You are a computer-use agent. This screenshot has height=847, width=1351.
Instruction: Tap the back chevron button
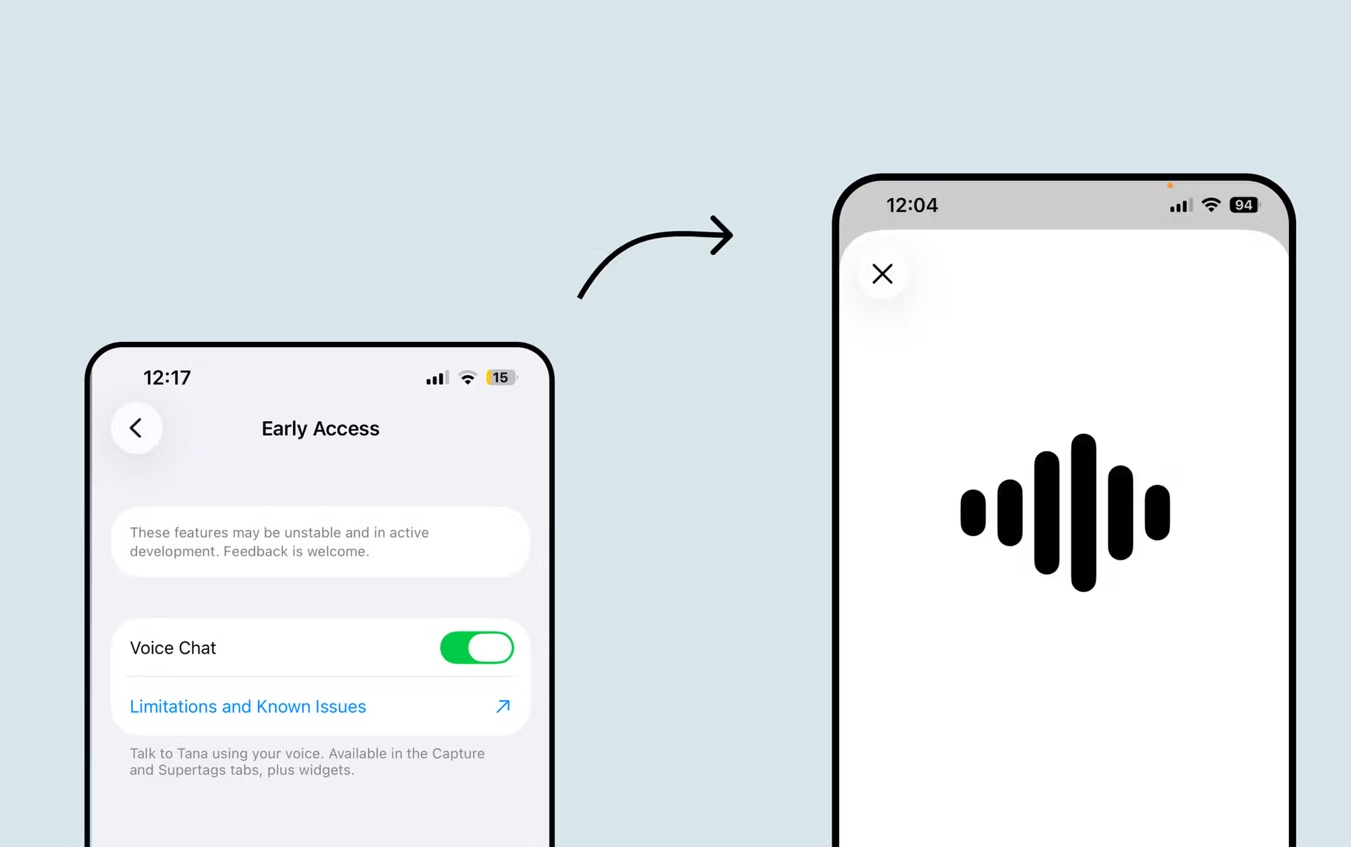tap(136, 428)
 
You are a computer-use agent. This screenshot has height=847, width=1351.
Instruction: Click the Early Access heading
tap(320, 429)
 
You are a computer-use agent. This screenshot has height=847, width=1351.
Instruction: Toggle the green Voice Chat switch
tap(477, 648)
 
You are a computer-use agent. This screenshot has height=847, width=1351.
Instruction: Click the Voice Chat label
tap(173, 648)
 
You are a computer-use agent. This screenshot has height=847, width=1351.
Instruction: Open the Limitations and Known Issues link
tap(248, 706)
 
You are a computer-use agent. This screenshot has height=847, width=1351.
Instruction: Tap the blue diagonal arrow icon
tap(503, 706)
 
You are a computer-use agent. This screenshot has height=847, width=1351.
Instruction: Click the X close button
tap(882, 274)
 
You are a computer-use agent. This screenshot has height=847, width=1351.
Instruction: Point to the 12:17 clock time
tap(167, 377)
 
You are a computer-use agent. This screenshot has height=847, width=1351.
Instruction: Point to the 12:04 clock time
tap(912, 205)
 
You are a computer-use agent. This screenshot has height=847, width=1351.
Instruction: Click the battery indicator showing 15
tap(501, 377)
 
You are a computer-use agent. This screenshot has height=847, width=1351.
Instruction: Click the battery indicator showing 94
tap(1245, 205)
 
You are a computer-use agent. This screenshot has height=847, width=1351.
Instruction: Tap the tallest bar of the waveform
tap(1084, 512)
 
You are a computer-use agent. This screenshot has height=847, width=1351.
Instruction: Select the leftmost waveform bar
tap(973, 512)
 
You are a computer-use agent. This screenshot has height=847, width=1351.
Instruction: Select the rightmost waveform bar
tap(1157, 512)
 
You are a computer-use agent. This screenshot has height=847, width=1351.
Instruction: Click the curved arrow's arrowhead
tap(724, 235)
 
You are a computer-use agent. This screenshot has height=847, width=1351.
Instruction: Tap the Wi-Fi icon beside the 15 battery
tap(467, 378)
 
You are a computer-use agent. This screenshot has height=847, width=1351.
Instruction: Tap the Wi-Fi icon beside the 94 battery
tap(1211, 205)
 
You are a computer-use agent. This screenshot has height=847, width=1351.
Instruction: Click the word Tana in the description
tap(192, 754)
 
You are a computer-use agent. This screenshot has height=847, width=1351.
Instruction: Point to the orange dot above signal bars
tap(1170, 185)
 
